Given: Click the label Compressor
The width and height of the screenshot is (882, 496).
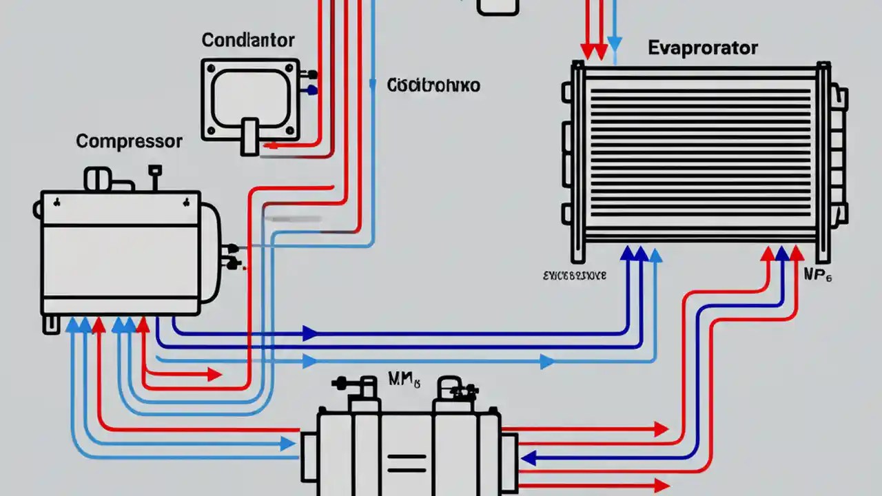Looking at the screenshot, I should [129, 142].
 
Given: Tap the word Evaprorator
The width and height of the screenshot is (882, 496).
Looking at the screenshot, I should [703, 48].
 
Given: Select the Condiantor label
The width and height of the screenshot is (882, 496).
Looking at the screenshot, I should [248, 40].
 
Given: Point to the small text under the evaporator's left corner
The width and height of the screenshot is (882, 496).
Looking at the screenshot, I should [574, 276].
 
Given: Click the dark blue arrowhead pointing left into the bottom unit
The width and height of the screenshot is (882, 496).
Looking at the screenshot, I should [528, 457].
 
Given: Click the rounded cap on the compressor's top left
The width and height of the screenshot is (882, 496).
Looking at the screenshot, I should [97, 179].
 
